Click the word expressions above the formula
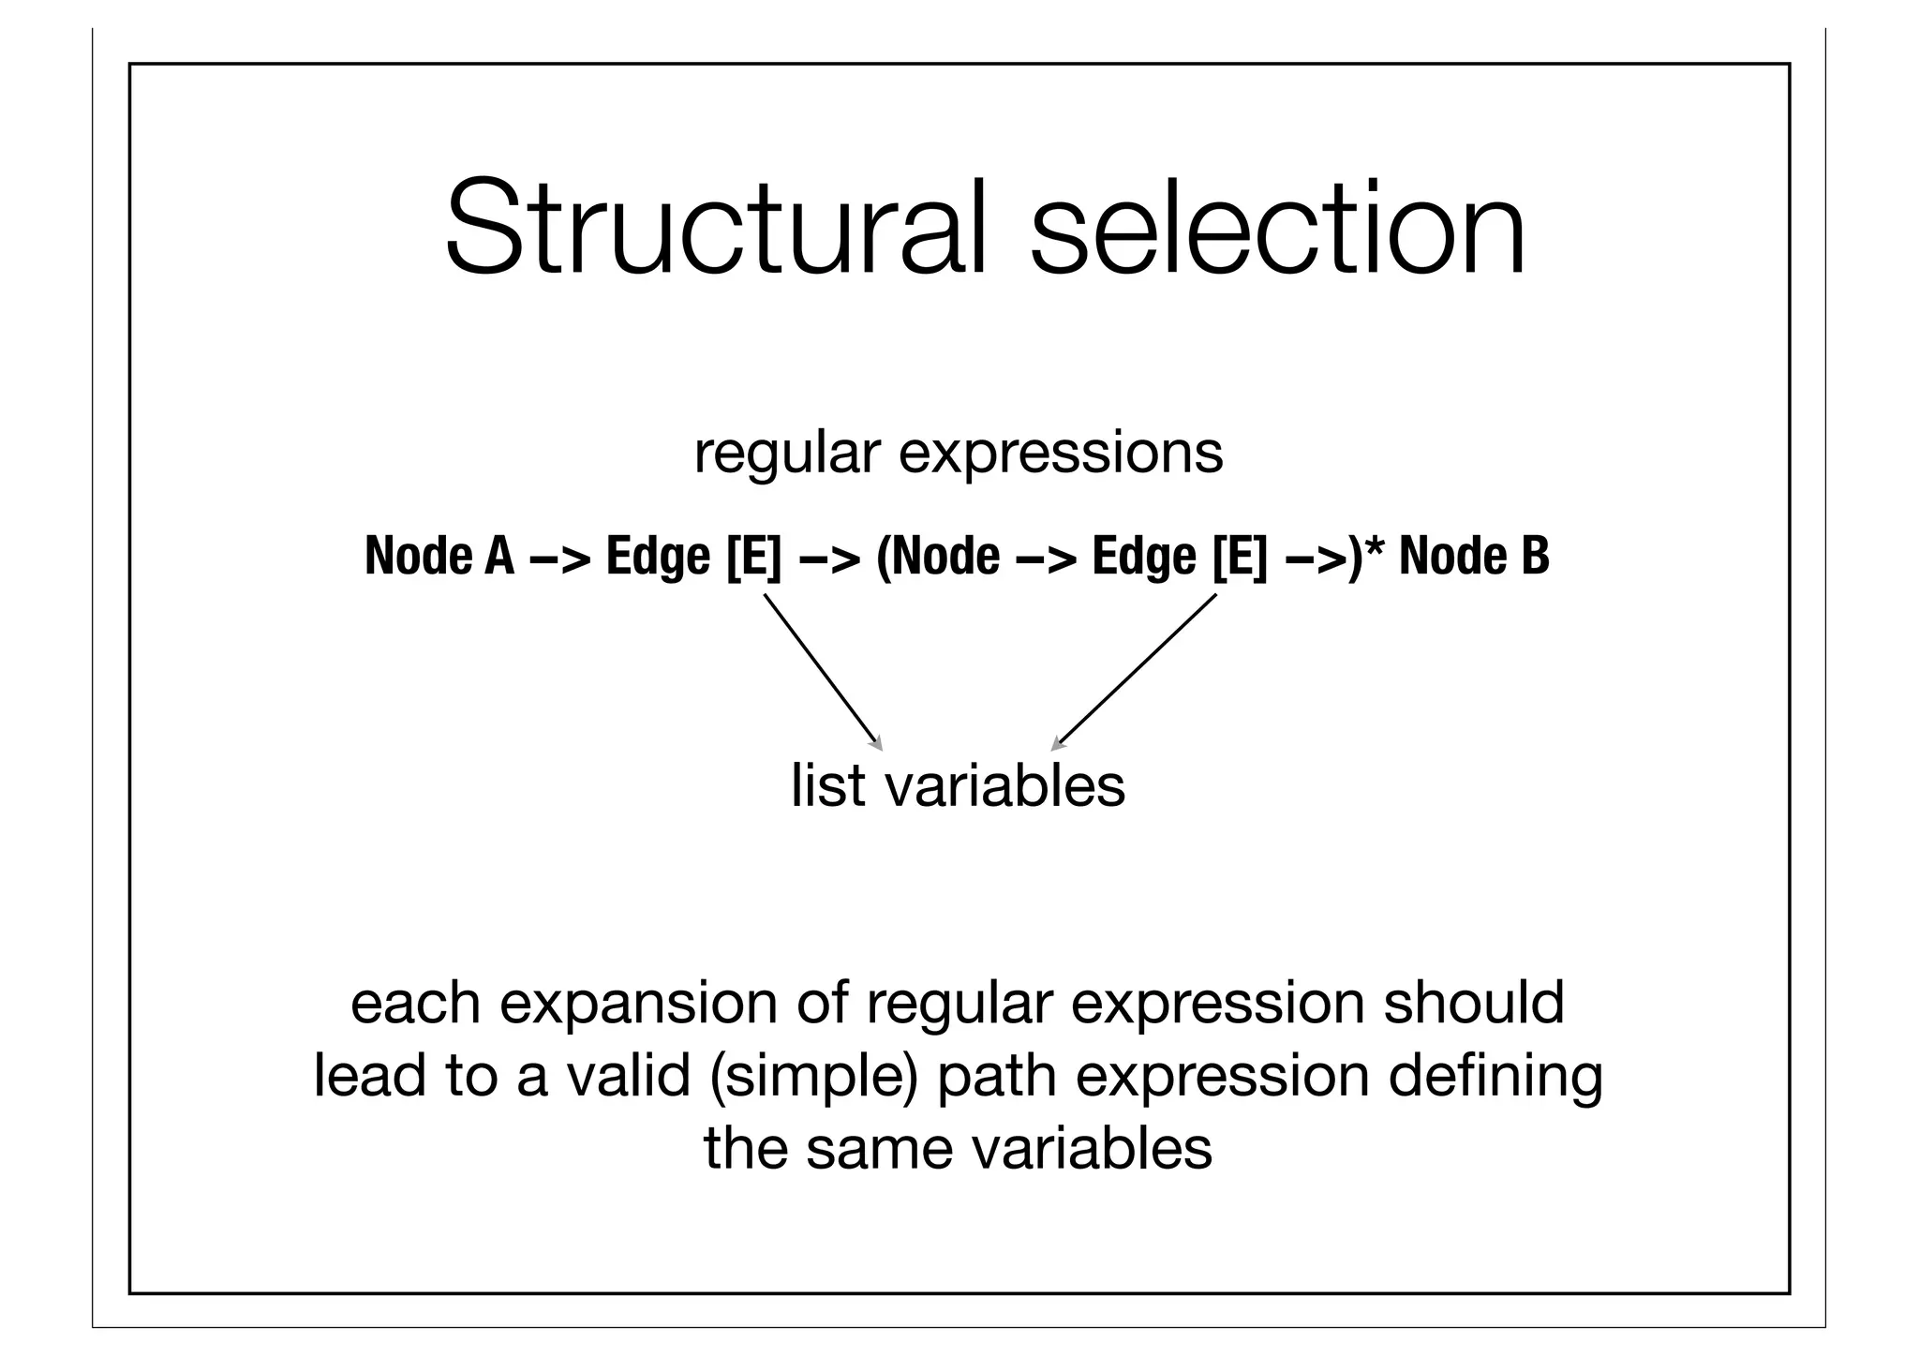click(x=1061, y=453)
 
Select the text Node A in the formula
click(x=439, y=556)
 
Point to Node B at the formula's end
click(x=1474, y=556)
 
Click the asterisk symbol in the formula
click(x=1375, y=548)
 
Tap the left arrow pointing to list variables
click(x=824, y=672)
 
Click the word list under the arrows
click(x=828, y=785)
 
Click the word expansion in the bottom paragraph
click(x=639, y=1002)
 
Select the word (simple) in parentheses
click(x=813, y=1075)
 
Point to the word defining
click(x=1495, y=1075)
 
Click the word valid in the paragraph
click(x=628, y=1075)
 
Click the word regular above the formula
click(x=787, y=453)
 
